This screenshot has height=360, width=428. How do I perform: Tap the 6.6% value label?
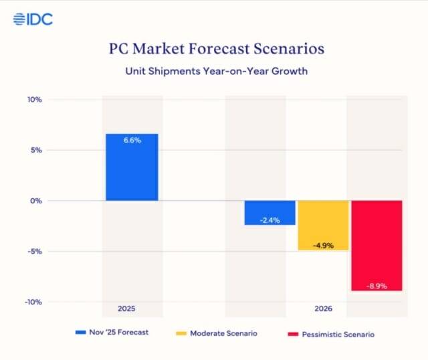(x=132, y=141)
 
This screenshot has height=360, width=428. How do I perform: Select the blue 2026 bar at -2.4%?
(x=270, y=213)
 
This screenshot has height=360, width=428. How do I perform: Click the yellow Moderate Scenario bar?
(x=323, y=226)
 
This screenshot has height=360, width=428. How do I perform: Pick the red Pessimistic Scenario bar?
(x=377, y=246)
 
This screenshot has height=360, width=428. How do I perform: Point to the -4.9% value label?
(x=323, y=246)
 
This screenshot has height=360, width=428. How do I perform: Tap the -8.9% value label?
(x=377, y=286)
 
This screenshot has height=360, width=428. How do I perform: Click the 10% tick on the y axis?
(x=35, y=100)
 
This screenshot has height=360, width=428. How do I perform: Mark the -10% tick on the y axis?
(x=33, y=302)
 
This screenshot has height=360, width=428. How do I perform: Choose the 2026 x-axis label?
(x=323, y=309)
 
